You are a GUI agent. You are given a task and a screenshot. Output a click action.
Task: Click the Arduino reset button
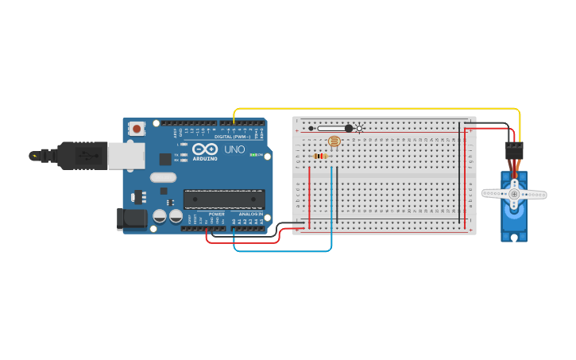coord(137,128)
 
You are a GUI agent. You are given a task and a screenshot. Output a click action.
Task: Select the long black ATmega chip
coord(224,199)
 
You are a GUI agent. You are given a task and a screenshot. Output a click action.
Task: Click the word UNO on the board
coord(235,149)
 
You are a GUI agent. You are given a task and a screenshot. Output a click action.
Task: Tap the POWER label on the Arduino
coord(216,215)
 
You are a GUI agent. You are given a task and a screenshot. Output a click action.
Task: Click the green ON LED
coord(253,155)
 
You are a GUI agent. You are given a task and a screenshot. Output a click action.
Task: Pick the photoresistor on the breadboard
coord(334,142)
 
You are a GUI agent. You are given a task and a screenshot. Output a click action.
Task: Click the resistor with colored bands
coord(321,157)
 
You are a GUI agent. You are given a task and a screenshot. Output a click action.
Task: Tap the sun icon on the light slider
coord(360,128)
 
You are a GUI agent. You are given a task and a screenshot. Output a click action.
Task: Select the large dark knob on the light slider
coord(348,128)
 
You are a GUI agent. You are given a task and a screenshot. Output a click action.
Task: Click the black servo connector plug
coord(515,151)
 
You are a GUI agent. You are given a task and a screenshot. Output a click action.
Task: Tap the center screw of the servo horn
coord(514,193)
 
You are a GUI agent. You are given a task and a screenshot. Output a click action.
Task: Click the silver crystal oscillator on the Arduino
coord(163,178)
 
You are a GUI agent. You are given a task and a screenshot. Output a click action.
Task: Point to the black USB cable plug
coord(79,156)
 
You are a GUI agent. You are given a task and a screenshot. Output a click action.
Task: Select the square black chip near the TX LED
coord(164,159)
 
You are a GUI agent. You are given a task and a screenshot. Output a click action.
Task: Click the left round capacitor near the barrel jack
coord(160,216)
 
